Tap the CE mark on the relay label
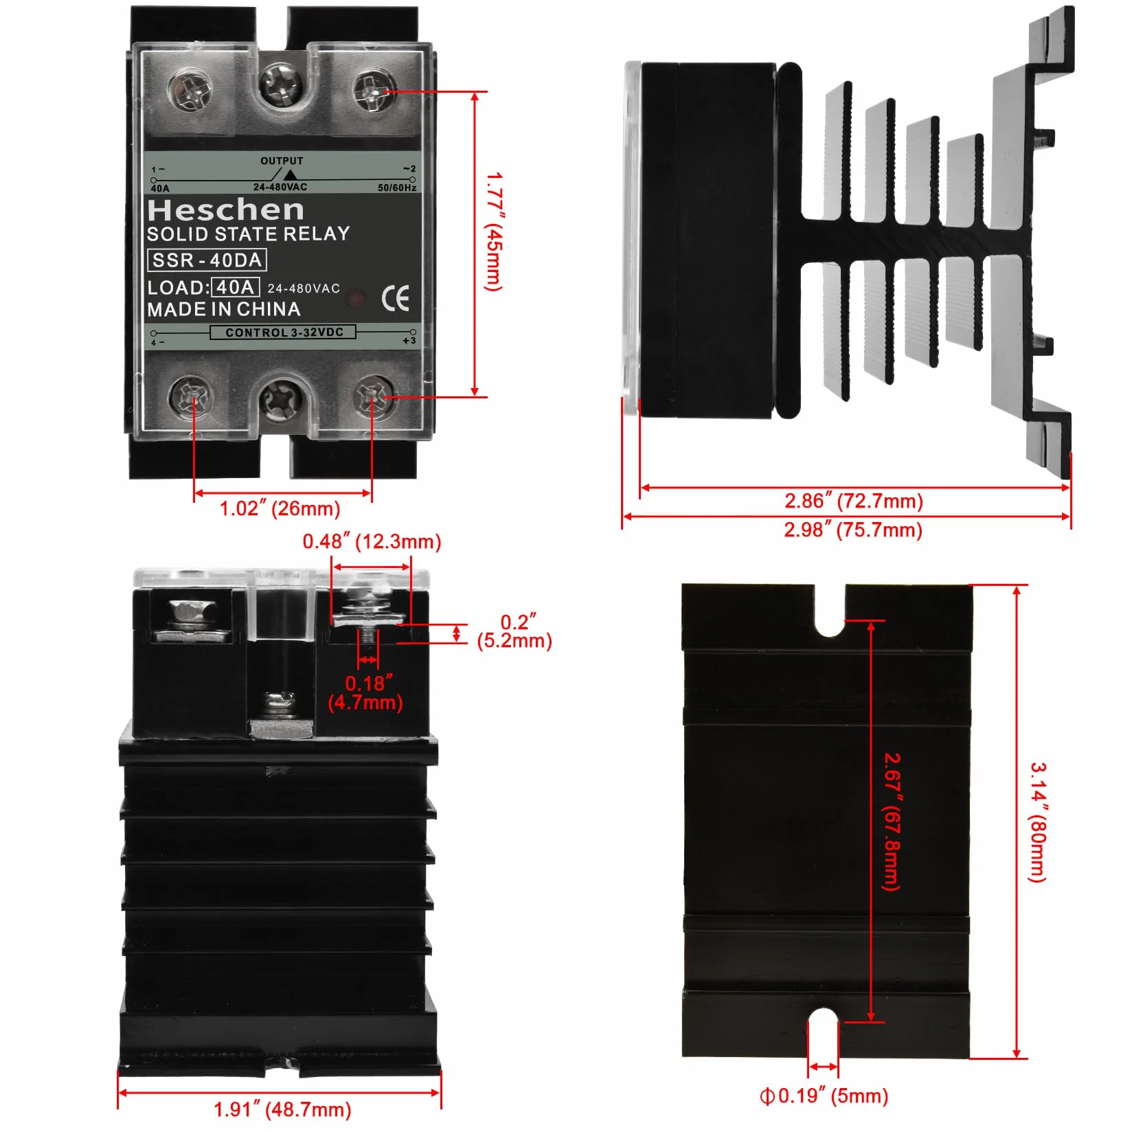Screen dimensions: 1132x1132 coord(396,298)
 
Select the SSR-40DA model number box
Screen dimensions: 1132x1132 coord(207,260)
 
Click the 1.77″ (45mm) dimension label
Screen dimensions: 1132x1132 coord(494,231)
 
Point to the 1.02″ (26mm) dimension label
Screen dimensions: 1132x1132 coord(280,509)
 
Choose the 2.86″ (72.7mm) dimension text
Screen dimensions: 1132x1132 coord(854,501)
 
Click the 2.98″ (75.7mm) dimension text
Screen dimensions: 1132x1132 coord(853,530)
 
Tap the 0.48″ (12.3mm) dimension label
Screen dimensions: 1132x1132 coord(372,541)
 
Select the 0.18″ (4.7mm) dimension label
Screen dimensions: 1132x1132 coord(365,692)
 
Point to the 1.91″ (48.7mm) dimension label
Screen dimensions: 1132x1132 coord(282,1109)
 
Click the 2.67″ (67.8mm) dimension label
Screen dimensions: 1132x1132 coord(892,822)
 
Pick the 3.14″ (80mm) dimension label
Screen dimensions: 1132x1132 coord(1037,822)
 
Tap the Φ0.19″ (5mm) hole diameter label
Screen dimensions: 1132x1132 coord(824,1096)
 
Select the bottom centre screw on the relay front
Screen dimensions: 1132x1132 coord(281,399)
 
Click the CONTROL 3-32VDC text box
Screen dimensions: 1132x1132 coord(283,332)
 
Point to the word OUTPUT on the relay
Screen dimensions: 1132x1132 coord(282,161)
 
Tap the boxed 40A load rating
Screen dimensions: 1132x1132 coord(236,287)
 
